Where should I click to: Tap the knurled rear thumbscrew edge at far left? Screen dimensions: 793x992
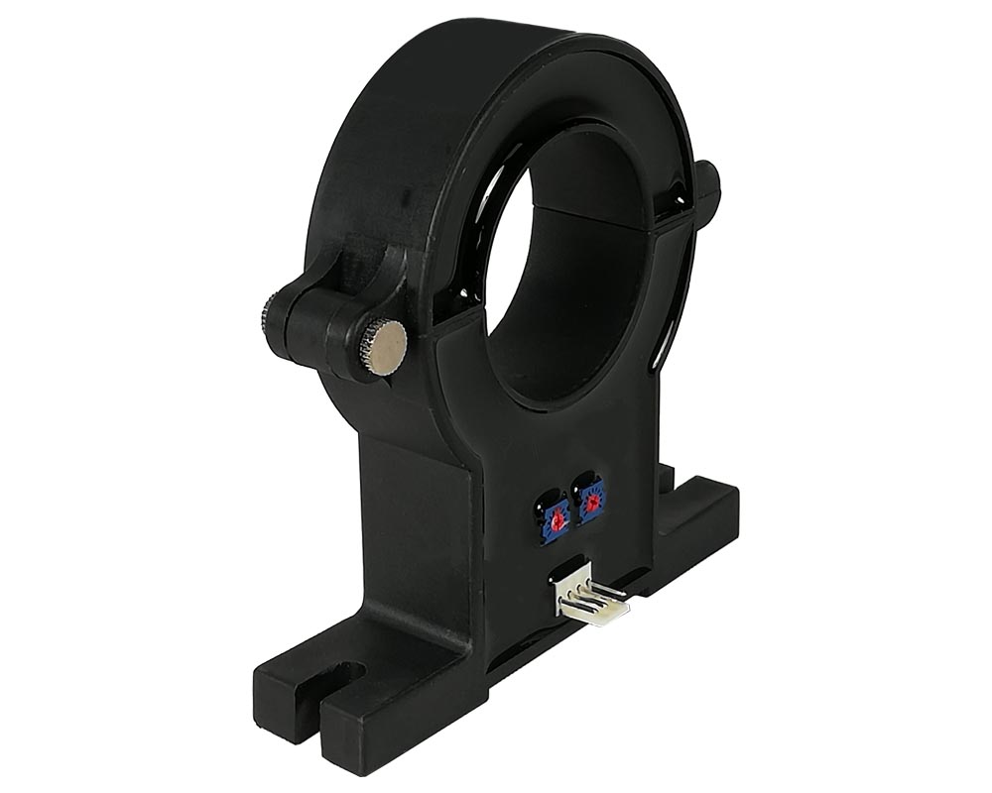point(267,318)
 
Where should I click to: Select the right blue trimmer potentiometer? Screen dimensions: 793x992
point(590,504)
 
